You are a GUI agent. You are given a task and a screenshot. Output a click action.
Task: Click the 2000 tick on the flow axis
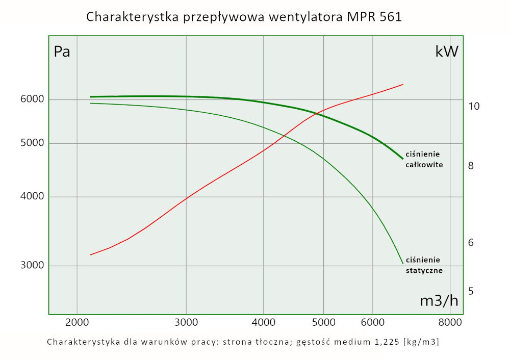[x=77, y=322]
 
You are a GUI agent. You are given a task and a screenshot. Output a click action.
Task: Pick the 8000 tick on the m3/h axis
[x=450, y=322]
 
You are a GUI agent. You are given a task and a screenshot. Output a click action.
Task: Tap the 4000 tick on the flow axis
[x=264, y=322]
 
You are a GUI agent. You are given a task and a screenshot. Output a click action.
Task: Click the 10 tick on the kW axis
[x=474, y=106]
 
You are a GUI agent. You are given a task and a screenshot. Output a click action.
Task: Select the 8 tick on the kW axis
[x=471, y=166]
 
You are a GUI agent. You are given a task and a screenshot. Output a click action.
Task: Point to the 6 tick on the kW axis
[x=471, y=242]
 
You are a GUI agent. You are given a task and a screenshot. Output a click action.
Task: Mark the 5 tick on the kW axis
[x=471, y=291]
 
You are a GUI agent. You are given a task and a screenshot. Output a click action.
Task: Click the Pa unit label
[x=62, y=52]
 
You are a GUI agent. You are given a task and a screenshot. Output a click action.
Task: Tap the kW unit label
[x=447, y=52]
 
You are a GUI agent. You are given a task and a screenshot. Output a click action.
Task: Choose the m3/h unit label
[x=439, y=301]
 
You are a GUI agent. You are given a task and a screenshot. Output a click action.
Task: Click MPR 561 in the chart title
[x=375, y=17]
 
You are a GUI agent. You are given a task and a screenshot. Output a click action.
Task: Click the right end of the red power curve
[x=403, y=84]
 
